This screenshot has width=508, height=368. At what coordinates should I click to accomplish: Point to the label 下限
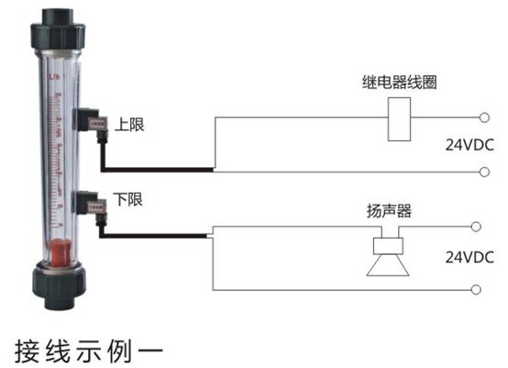point(127,199)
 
